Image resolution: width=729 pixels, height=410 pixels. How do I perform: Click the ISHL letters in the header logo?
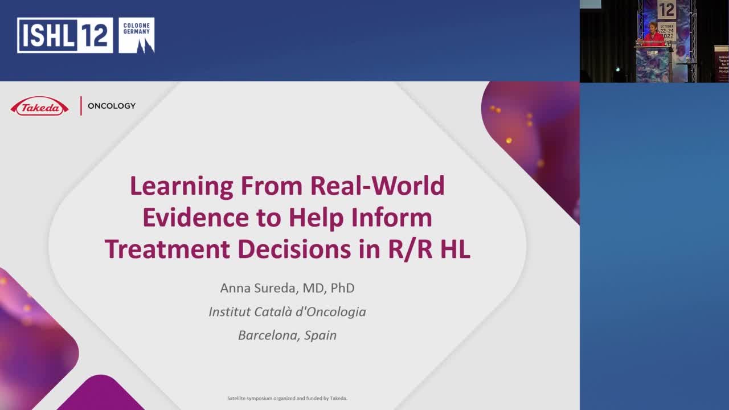(x=47, y=35)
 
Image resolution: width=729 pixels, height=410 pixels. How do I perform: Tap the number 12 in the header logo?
(x=95, y=35)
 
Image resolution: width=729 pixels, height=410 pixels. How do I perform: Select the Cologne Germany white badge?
(x=137, y=35)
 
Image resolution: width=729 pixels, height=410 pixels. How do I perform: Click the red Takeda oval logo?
(x=39, y=106)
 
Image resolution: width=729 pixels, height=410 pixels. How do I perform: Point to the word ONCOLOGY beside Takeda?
(x=112, y=106)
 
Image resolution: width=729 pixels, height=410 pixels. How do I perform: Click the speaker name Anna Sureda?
(x=259, y=288)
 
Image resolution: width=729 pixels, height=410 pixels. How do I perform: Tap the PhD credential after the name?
(x=342, y=288)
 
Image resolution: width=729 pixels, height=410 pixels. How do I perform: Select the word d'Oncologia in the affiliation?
(x=329, y=312)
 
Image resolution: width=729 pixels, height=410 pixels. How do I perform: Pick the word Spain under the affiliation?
(x=321, y=335)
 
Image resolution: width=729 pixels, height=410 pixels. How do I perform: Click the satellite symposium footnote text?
(x=287, y=398)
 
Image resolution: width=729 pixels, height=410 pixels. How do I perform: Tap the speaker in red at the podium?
(x=653, y=36)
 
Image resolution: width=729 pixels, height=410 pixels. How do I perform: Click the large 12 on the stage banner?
(x=666, y=10)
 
